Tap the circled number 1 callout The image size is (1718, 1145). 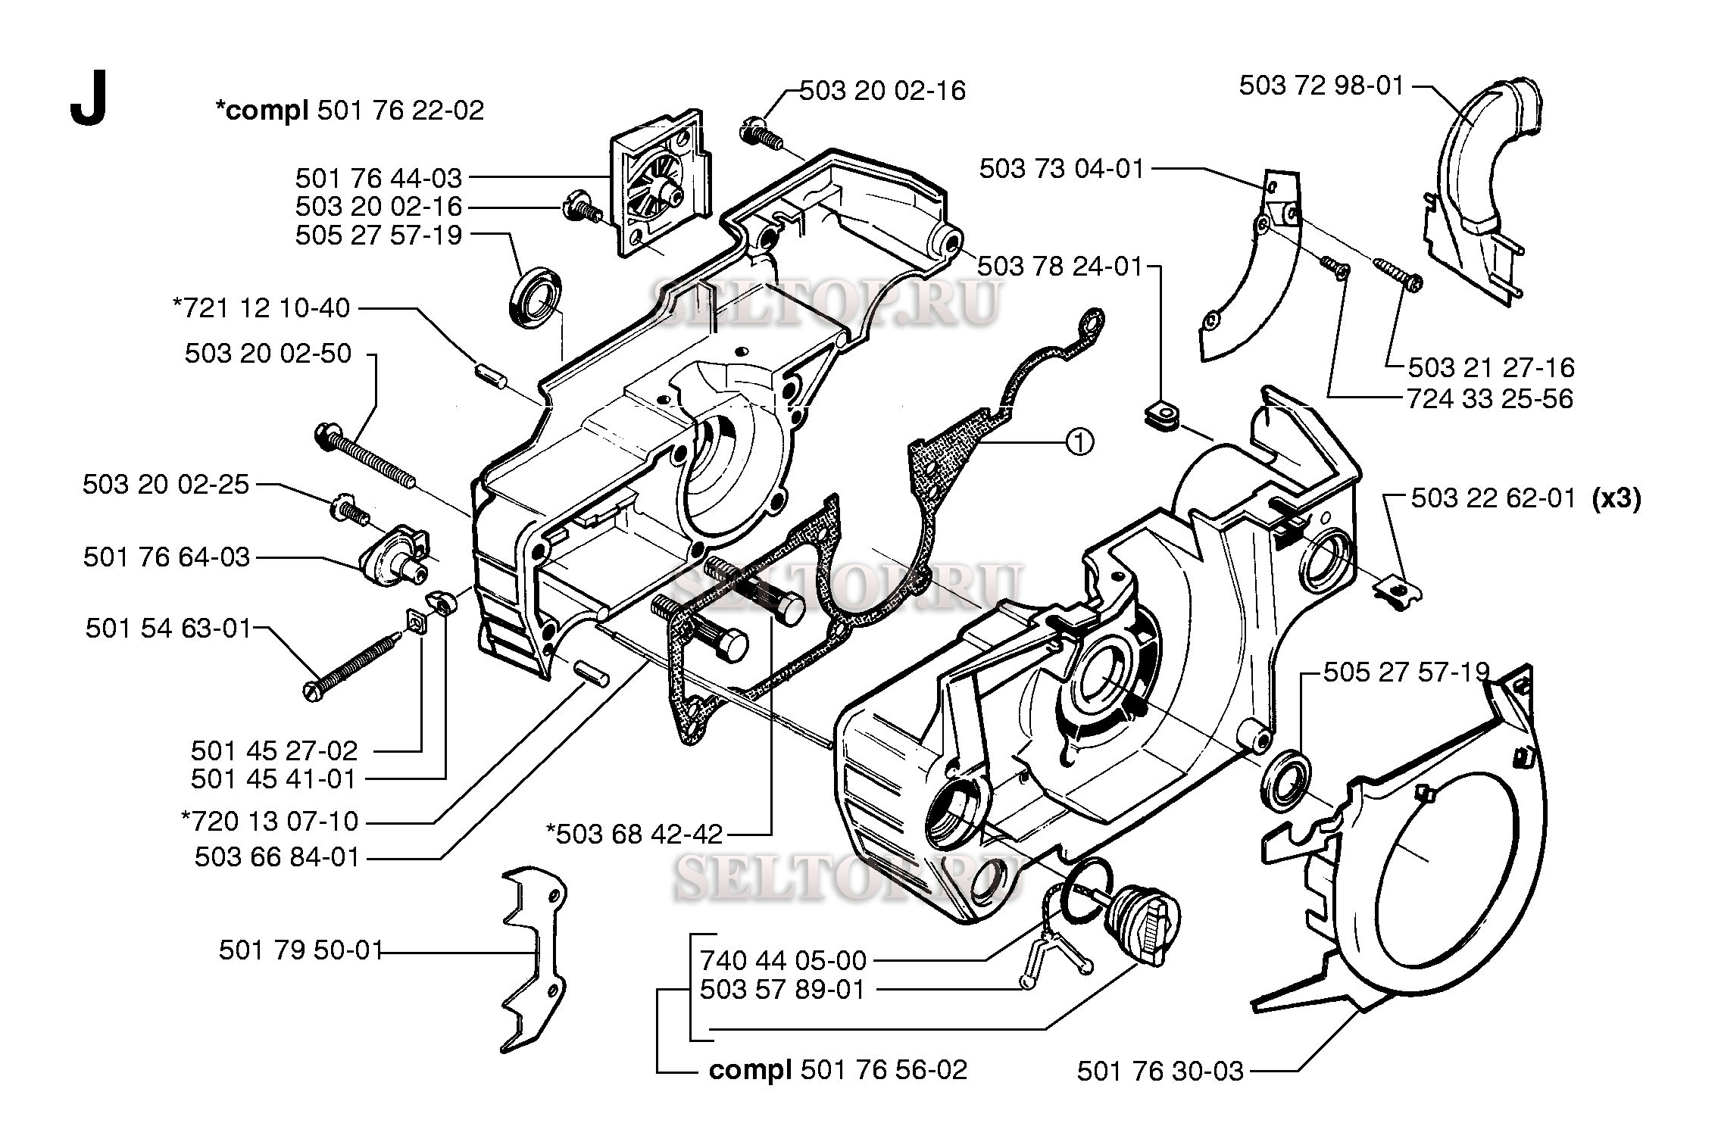click(1079, 440)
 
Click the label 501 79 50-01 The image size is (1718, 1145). click(301, 950)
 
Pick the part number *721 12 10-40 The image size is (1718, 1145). click(262, 308)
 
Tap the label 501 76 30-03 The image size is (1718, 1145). click(1160, 1071)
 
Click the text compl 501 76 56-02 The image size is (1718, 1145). click(838, 1069)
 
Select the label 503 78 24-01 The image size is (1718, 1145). click(1060, 267)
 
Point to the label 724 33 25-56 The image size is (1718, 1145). click(1489, 399)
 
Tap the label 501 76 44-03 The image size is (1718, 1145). click(379, 178)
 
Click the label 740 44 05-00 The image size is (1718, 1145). click(782, 960)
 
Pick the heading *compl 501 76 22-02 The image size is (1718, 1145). click(349, 111)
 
